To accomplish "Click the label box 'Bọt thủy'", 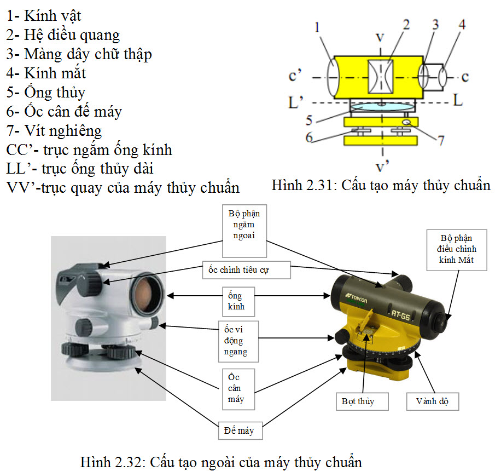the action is (362, 401).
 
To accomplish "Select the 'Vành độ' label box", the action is (433, 401).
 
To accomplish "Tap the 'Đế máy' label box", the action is (240, 430).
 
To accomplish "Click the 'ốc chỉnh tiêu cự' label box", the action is (246, 270).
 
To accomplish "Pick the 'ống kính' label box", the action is (238, 302).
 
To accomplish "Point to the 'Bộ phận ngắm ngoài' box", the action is (244, 231).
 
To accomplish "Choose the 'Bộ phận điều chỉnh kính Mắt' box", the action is (457, 250).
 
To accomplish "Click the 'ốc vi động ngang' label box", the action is (238, 341).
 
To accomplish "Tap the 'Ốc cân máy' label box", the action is (238, 389).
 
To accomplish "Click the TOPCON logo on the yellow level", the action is (357, 298).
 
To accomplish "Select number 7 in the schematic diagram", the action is (441, 140).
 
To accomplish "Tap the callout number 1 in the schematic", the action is (317, 27).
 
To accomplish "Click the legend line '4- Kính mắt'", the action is (46, 73).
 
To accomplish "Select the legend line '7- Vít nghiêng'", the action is (54, 131).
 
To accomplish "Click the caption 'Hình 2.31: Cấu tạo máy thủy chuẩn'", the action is (381, 185).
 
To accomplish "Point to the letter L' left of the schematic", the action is (296, 102).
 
